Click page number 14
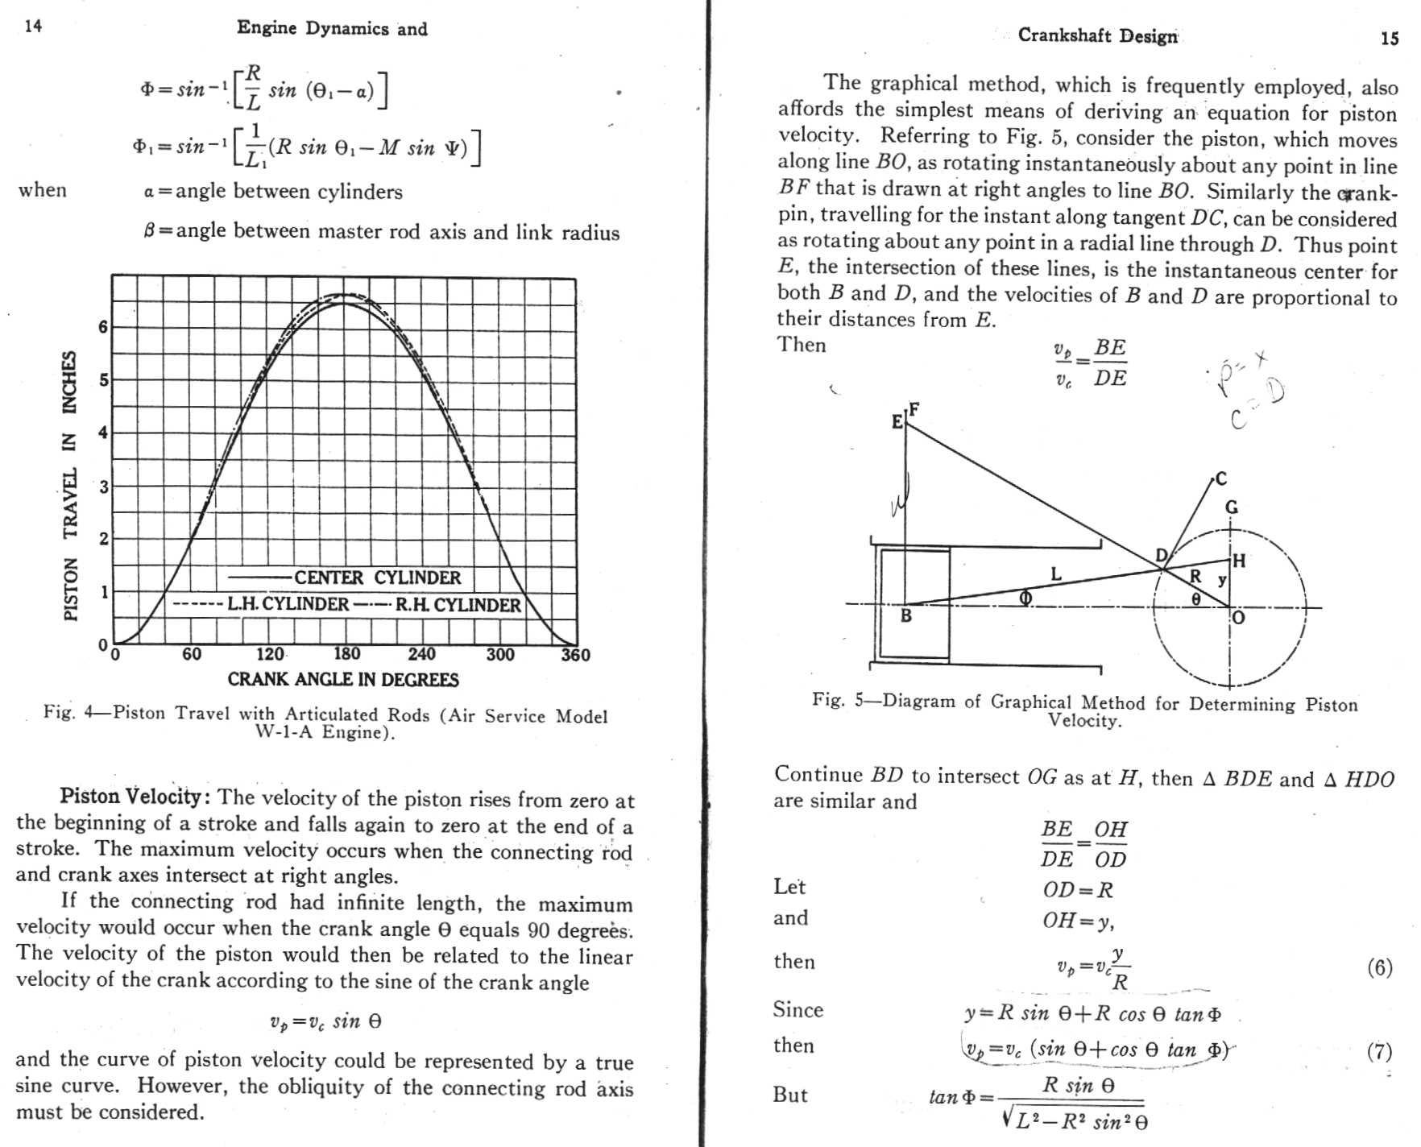tap(33, 27)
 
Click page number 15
tap(1390, 38)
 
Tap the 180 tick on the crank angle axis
tap(346, 654)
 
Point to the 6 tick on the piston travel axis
tap(103, 327)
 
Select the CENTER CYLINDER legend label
tap(377, 578)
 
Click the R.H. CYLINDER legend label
tap(458, 605)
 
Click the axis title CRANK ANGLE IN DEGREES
tap(343, 680)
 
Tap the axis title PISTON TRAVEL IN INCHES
tap(71, 486)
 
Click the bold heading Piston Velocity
tap(135, 797)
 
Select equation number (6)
tap(1379, 967)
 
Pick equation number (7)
tap(1379, 1051)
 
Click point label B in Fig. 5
tap(905, 616)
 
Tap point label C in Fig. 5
tap(1220, 478)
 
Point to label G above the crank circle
tap(1231, 507)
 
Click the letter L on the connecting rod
tap(1056, 573)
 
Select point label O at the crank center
tap(1238, 618)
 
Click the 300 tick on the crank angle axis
tap(499, 654)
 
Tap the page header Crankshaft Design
tap(1097, 35)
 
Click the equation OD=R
tap(1077, 890)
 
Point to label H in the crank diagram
tap(1239, 561)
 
